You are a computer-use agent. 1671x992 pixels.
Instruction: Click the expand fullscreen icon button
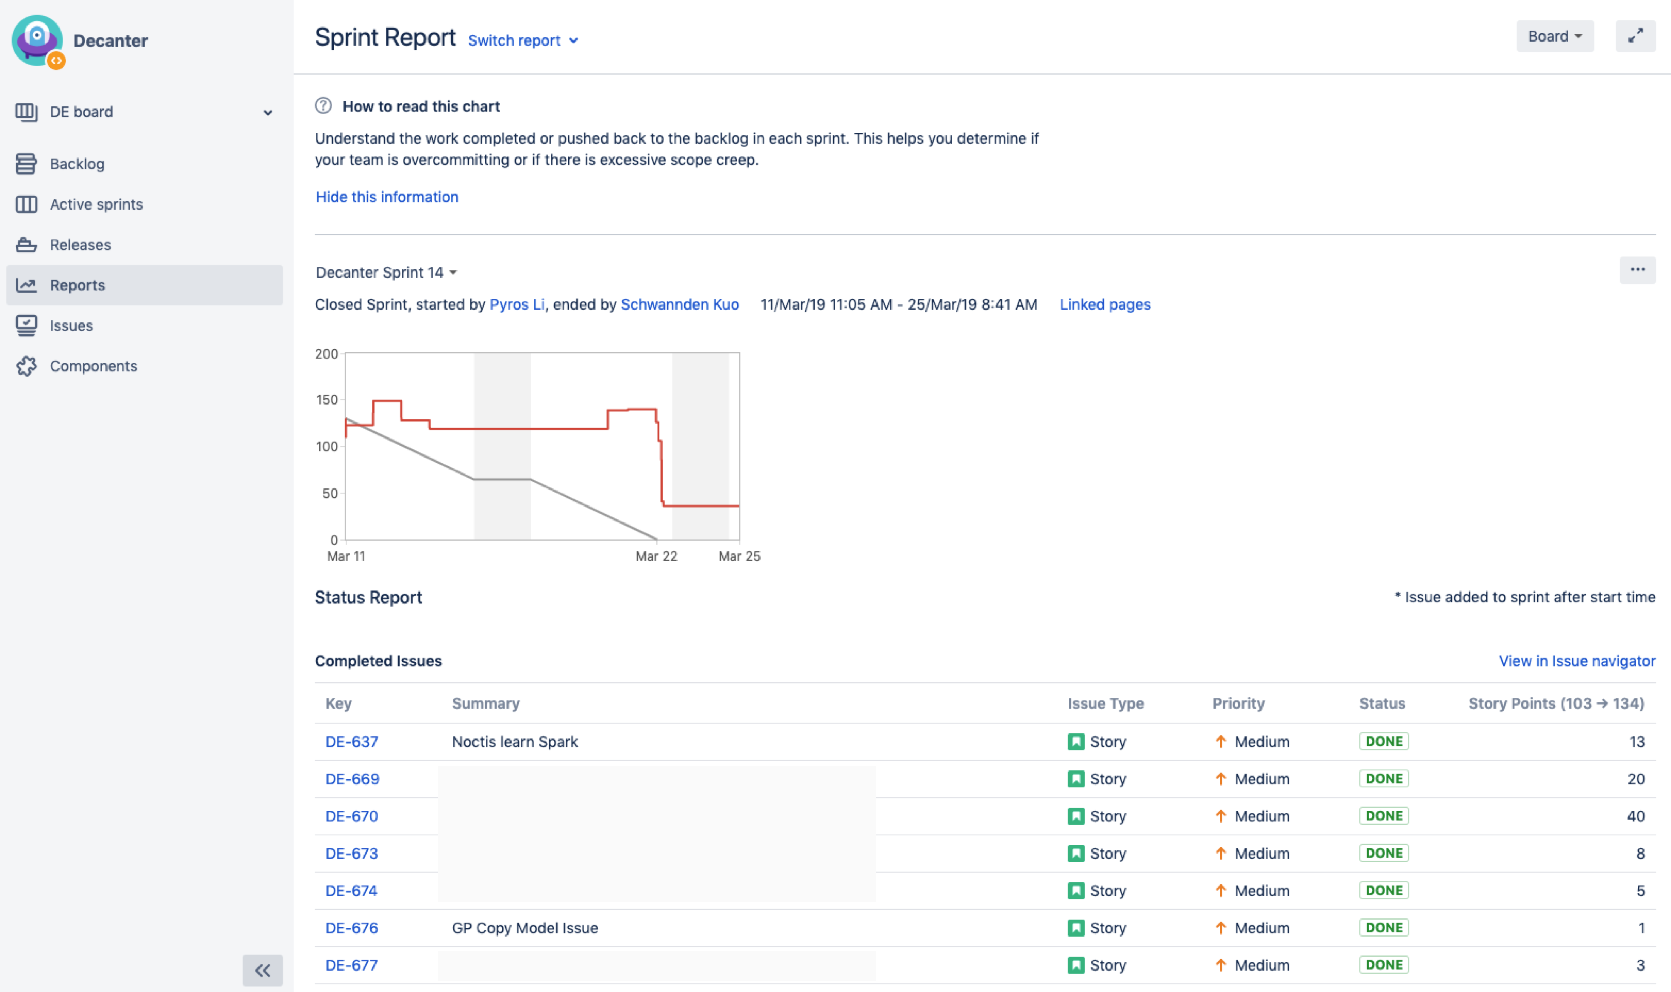click(x=1635, y=36)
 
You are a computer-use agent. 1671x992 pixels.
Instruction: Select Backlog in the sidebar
click(x=77, y=164)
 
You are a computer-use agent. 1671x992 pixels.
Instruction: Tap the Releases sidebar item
click(x=80, y=245)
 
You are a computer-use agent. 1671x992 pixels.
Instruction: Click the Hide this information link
click(x=387, y=196)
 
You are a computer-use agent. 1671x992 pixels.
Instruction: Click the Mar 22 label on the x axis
click(x=656, y=556)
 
